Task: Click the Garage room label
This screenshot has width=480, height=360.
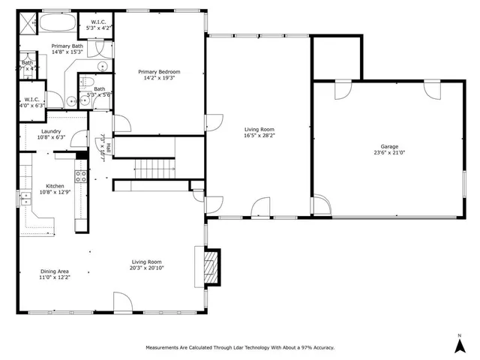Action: [x=388, y=147]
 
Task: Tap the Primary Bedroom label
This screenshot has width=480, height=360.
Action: [x=159, y=72]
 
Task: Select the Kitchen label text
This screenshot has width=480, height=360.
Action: [x=55, y=186]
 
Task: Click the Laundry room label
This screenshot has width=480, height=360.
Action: [x=51, y=131]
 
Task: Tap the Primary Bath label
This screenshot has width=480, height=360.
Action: [x=67, y=46]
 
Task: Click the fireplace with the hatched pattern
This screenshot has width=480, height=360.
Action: [x=213, y=267]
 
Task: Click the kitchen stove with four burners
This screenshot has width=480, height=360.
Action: [x=79, y=177]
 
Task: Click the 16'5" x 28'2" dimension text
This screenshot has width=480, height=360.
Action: [x=260, y=136]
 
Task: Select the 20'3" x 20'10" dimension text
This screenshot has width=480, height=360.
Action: [x=147, y=267]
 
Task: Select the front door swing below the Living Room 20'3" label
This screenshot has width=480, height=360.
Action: [x=122, y=303]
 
